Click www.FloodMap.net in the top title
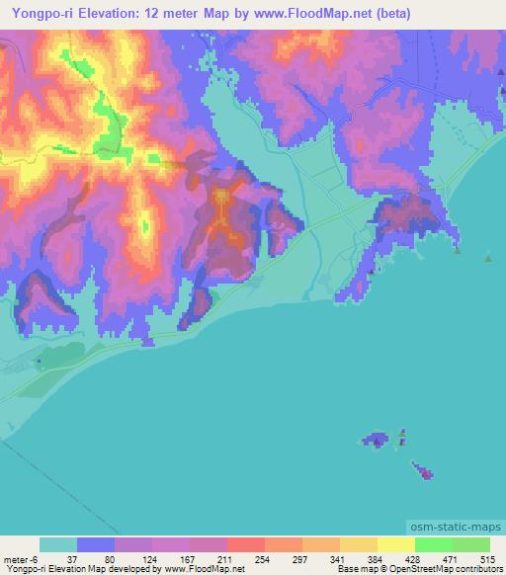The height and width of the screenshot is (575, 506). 289,14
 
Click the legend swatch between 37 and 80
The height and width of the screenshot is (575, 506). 96,544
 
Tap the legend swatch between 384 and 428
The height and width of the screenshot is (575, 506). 395,544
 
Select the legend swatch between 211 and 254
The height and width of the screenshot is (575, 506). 245,544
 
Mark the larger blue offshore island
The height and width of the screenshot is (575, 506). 377,439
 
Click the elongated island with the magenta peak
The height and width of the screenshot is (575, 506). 420,470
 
